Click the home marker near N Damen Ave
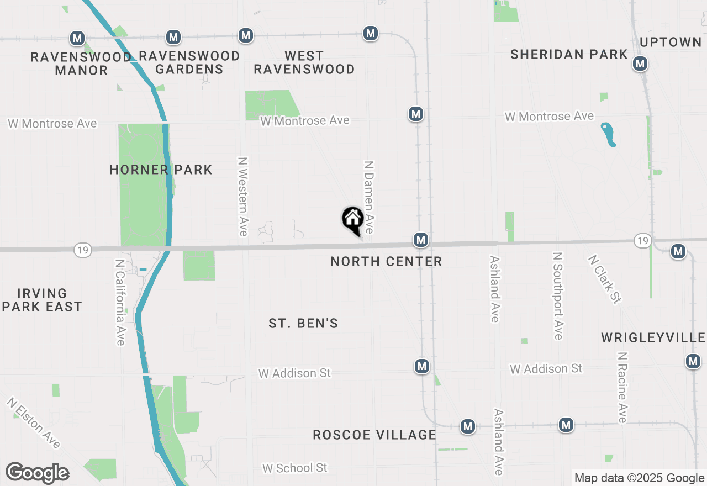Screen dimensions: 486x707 [x=352, y=220]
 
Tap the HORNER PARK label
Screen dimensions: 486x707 [x=161, y=170]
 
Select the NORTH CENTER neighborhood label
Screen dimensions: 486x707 [x=386, y=261]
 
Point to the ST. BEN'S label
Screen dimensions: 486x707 [x=303, y=323]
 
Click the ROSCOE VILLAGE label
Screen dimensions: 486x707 [x=374, y=435]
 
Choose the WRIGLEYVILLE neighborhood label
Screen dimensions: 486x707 [x=653, y=337]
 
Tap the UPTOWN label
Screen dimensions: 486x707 [x=671, y=43]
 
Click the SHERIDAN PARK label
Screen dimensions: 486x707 [x=569, y=54]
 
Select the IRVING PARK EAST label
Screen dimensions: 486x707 [x=42, y=300]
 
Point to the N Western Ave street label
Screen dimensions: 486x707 [x=242, y=196]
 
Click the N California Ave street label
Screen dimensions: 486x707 [x=120, y=302]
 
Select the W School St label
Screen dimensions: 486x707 [x=294, y=468]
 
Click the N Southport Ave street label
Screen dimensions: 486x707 [x=558, y=296]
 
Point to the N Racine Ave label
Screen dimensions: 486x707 [x=622, y=388]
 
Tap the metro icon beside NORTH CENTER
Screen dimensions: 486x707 [x=421, y=240]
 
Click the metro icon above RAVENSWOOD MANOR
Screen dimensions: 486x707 [x=77, y=38]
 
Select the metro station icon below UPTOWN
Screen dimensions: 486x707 [x=640, y=64]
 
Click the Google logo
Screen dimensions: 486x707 [x=37, y=473]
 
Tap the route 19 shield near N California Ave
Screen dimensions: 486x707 [x=82, y=251]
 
